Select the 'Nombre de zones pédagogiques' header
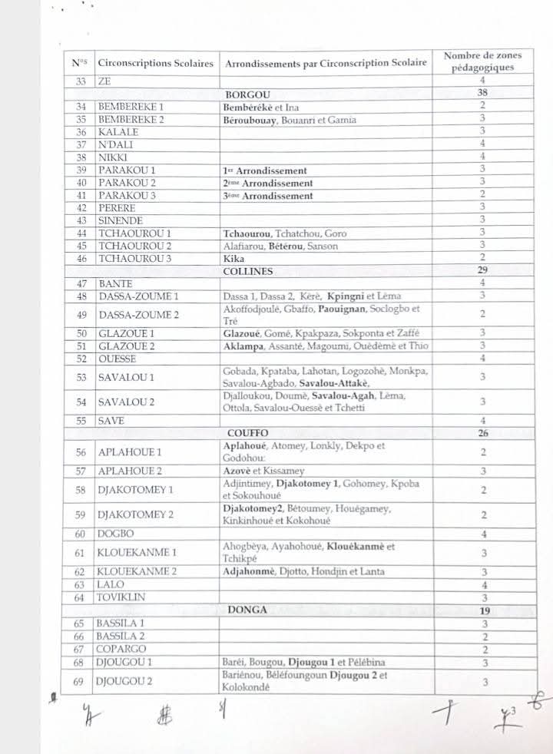coord(482,61)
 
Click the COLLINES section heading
coord(248,271)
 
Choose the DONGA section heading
coord(247,610)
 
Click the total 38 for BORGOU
coord(482,93)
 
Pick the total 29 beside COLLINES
coord(482,271)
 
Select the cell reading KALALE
coord(118,131)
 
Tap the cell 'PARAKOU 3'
coord(127,195)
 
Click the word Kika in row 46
coord(233,258)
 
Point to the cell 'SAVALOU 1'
coord(127,377)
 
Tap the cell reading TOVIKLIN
coord(121,597)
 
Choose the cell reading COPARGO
coord(121,649)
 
